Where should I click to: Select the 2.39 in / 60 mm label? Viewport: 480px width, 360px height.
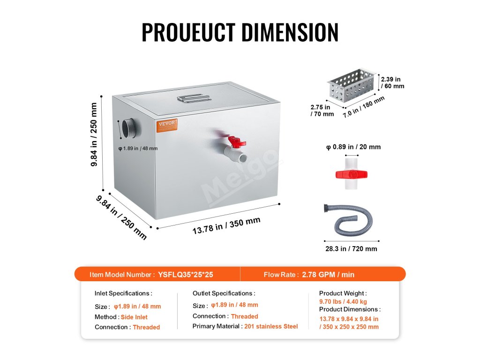[x=392, y=82]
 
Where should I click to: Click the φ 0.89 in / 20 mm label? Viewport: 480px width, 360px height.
[x=353, y=147]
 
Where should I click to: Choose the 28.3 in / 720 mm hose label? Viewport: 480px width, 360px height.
[x=351, y=249]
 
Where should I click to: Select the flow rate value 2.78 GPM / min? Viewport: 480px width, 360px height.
[x=328, y=275]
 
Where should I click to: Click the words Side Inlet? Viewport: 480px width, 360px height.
[x=134, y=317]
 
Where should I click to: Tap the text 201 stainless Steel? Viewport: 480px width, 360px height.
[x=271, y=326]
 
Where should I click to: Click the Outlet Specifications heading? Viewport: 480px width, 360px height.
[x=224, y=293]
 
